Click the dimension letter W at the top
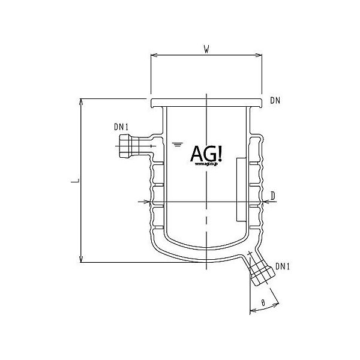(206, 50)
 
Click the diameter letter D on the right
(273, 196)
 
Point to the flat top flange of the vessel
(206, 102)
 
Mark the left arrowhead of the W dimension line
(152, 56)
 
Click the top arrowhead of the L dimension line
(81, 101)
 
